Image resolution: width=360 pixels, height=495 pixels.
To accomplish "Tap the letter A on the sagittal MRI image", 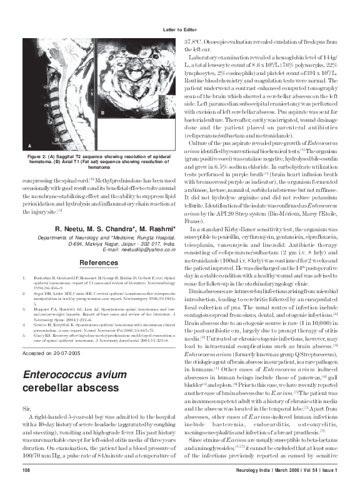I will pyautogui.click(x=29, y=145).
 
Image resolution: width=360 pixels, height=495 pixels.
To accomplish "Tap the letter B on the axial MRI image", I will pyautogui.click(x=101, y=111).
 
